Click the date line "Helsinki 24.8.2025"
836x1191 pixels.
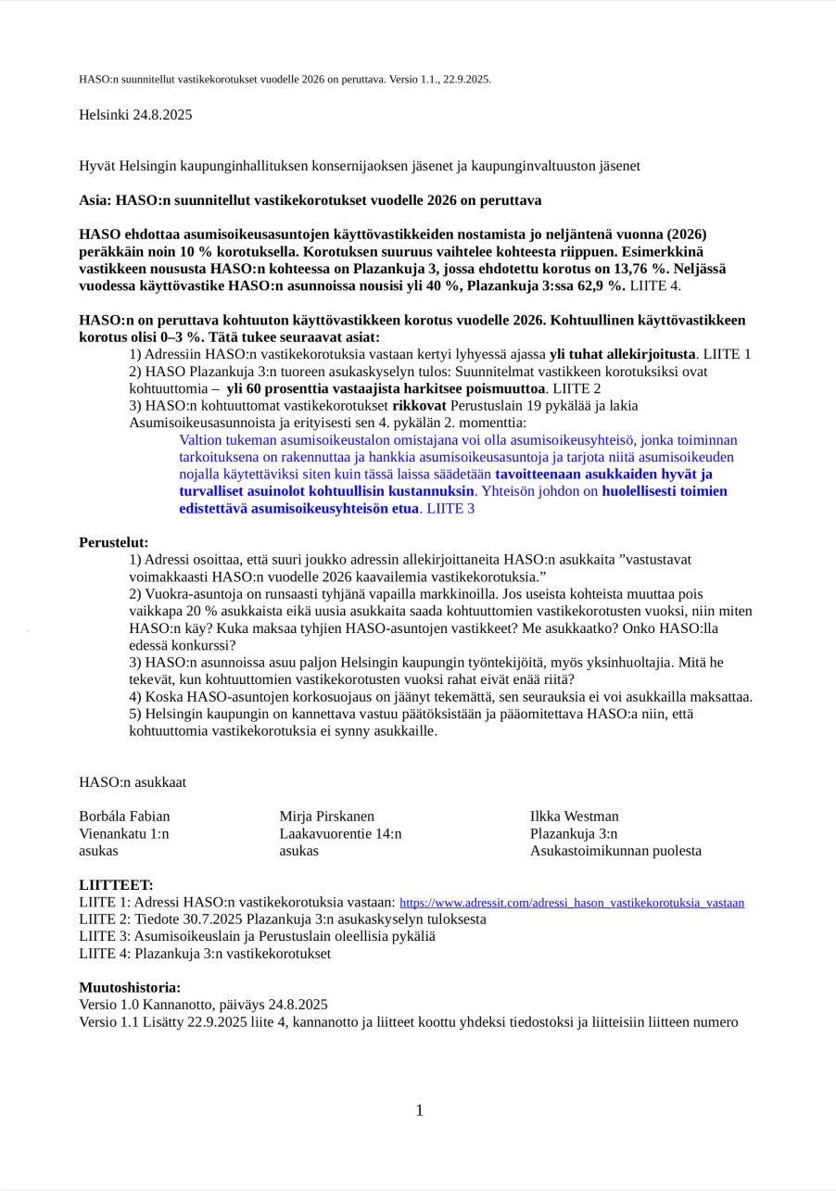point(135,115)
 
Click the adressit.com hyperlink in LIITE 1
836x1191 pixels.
point(571,903)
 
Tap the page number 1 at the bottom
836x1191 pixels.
point(419,1110)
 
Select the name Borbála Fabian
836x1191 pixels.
point(124,817)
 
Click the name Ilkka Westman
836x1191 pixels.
point(574,817)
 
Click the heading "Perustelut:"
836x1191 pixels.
point(113,542)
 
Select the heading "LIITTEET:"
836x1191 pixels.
point(116,885)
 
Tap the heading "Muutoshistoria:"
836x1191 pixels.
point(130,988)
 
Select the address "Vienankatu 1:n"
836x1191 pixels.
point(123,833)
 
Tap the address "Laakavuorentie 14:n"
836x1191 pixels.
point(340,833)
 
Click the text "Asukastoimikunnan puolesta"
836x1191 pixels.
point(615,851)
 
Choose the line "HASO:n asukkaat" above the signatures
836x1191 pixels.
point(133,782)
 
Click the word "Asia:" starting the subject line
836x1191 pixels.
point(95,200)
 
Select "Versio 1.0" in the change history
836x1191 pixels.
point(107,1005)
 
